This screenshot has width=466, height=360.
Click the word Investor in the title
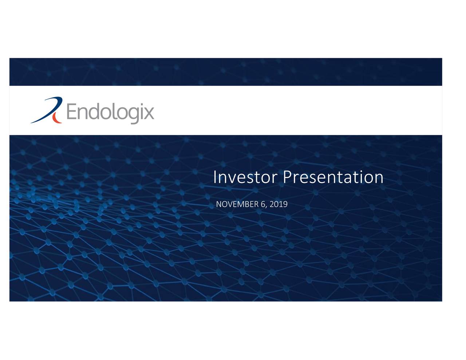[246, 177]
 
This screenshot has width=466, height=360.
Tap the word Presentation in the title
[333, 177]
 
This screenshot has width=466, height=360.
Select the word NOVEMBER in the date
[237, 204]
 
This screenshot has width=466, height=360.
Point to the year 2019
[279, 204]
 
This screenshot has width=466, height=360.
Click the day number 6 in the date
[263, 204]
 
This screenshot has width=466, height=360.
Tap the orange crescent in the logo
[55, 117]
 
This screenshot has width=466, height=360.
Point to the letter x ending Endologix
[148, 113]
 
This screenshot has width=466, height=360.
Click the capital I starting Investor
[215, 177]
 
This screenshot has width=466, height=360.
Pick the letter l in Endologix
[116, 111]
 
